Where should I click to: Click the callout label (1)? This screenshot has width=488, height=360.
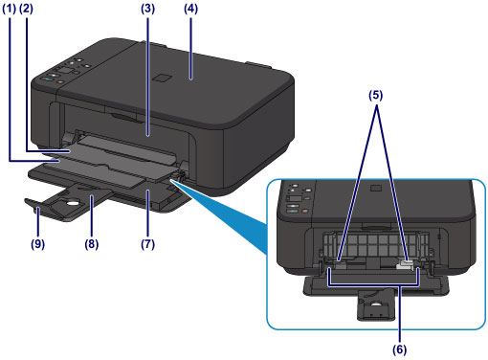[x=9, y=9]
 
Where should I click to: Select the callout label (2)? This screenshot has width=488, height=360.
[x=26, y=9]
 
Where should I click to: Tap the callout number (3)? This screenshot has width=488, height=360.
[x=148, y=9]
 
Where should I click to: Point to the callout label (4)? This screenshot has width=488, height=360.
[x=190, y=9]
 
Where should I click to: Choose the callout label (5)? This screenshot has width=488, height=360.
[x=376, y=95]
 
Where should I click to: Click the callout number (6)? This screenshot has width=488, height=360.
[x=400, y=349]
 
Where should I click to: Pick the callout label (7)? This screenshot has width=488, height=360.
[x=148, y=244]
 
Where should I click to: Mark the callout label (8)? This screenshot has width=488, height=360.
[x=92, y=244]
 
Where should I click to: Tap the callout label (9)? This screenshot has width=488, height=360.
[x=37, y=244]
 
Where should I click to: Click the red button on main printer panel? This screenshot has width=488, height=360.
[x=60, y=82]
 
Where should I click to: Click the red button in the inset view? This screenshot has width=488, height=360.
[x=304, y=211]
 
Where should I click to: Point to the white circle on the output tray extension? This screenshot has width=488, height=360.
[x=72, y=203]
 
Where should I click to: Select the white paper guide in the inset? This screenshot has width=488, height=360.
[x=405, y=265]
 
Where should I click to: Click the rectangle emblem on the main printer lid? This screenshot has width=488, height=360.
[x=162, y=79]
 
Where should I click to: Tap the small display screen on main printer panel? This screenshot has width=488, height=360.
[x=65, y=71]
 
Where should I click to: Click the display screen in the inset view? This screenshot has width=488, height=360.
[x=296, y=199]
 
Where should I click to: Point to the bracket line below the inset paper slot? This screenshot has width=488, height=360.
[x=374, y=283]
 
